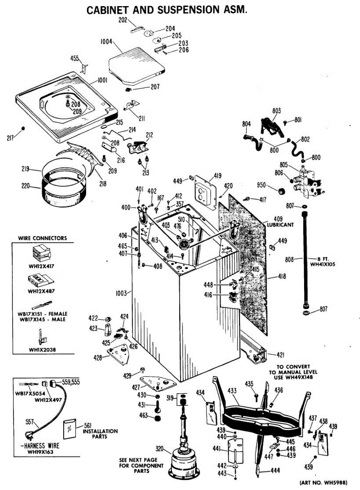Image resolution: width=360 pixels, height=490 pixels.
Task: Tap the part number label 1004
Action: (x=106, y=41)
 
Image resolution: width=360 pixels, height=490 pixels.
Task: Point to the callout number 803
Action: (x=277, y=110)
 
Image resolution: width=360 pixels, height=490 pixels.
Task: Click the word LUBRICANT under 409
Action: (x=280, y=225)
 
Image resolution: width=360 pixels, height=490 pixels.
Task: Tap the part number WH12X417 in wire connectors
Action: (x=41, y=266)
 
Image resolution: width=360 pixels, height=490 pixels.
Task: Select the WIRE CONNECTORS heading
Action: (x=42, y=238)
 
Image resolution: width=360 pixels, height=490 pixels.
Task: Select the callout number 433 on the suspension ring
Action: (x=232, y=391)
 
